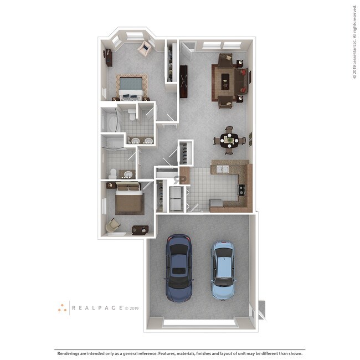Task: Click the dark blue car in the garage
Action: click(179, 268)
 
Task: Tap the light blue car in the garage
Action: click(223, 270)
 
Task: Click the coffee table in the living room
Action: click(225, 83)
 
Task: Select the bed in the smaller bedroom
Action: click(130, 199)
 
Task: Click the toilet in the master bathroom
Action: click(131, 115)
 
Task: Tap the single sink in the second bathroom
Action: click(128, 174)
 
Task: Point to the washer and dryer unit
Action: click(175, 199)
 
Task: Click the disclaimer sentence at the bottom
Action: click(179, 353)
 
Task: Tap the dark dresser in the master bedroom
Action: click(108, 58)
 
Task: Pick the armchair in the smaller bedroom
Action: click(113, 224)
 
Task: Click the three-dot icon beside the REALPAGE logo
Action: click(62, 308)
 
